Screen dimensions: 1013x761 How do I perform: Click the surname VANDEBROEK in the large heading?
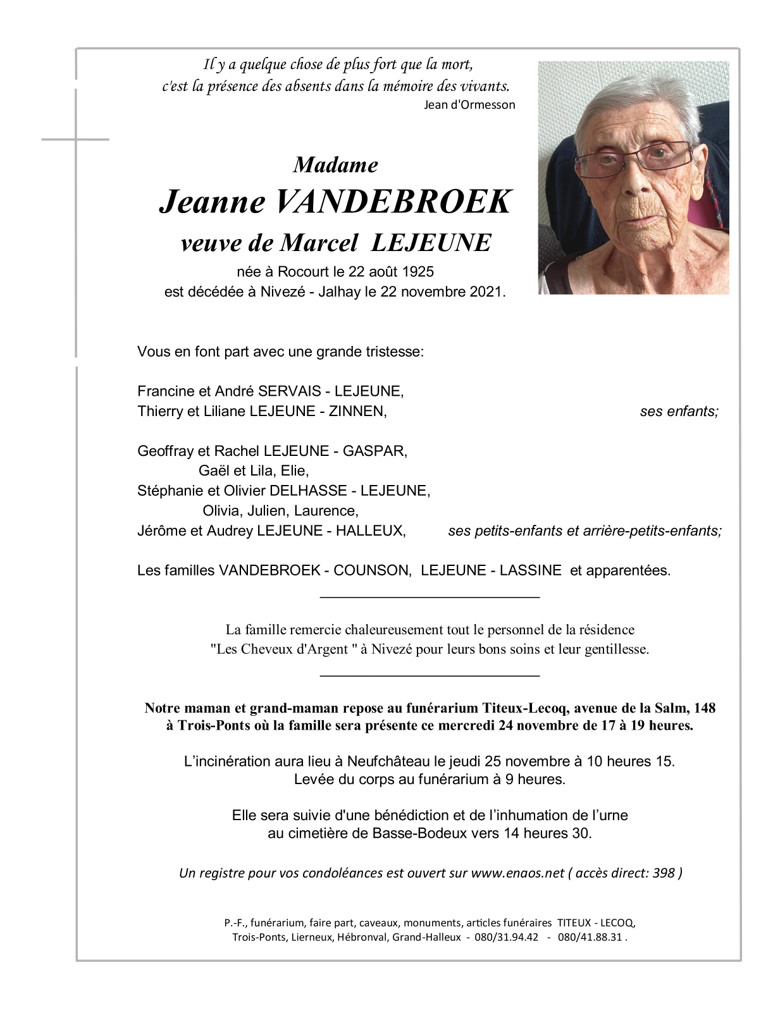click(x=392, y=202)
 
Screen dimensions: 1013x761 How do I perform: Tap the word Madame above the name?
click(x=336, y=165)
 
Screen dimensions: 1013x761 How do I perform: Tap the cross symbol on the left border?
click(x=75, y=139)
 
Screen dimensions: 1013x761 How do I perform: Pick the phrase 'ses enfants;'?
click(x=679, y=412)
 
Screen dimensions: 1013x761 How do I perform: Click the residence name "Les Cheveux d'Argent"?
click(x=282, y=649)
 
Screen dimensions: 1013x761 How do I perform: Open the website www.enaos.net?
click(x=517, y=873)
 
